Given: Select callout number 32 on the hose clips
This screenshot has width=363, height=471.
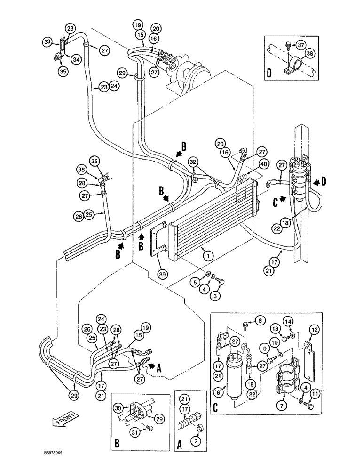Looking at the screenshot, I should point(193,162).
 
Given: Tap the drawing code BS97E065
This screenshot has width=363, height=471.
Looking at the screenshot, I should point(51,465).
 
